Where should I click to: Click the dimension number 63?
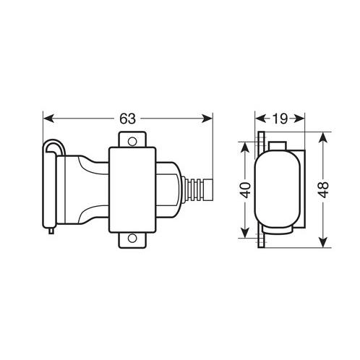point(128,119)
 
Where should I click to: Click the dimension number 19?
point(280,119)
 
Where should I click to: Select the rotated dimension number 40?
point(246,190)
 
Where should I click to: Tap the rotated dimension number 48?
point(325,189)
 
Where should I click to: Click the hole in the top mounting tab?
point(132,141)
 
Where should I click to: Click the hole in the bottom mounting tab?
point(132,239)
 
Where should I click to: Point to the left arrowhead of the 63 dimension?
point(48,119)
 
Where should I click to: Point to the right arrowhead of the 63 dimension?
point(207,119)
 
